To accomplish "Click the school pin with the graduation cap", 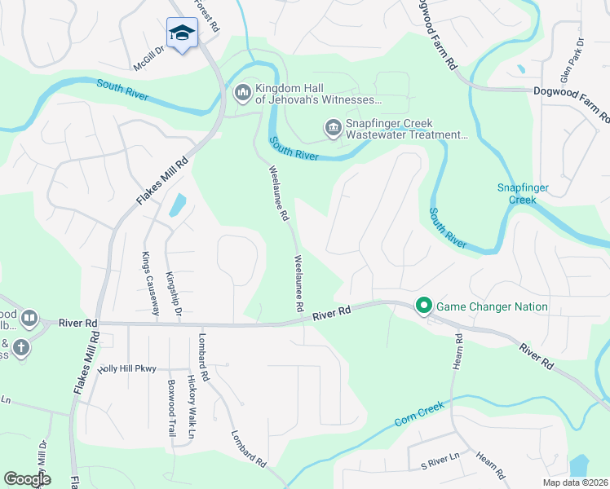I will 182,33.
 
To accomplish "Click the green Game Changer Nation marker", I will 423,306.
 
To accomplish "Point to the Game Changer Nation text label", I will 493,307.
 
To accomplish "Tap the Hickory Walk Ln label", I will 191,398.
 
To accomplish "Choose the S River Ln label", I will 440,463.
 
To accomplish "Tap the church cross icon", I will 20,348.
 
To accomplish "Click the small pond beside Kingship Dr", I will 177,205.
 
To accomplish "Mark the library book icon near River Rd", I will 29,317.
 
